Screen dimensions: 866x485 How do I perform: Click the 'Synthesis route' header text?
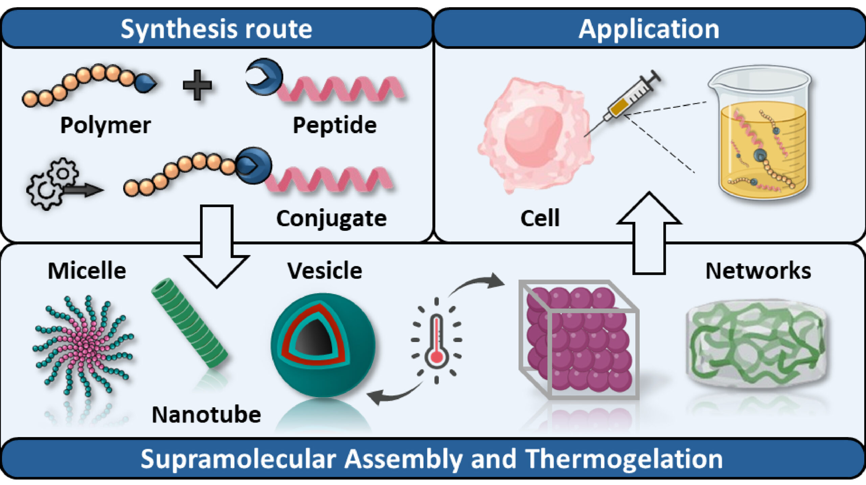click(x=216, y=29)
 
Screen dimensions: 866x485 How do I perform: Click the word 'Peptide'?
click(x=335, y=126)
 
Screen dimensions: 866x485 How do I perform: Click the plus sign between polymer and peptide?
click(x=197, y=85)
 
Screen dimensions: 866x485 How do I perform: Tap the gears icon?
click(x=53, y=184)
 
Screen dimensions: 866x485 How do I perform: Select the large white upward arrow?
click(x=649, y=233)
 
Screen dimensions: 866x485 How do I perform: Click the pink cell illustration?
click(x=535, y=136)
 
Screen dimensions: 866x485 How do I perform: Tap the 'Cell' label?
click(x=540, y=218)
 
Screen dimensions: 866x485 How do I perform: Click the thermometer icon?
click(x=437, y=341)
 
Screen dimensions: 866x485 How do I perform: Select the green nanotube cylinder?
click(x=190, y=323)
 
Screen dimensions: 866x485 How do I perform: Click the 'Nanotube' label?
click(x=206, y=415)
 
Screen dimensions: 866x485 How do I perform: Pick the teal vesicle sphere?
click(x=323, y=345)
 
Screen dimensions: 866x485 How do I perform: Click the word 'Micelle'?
click(x=87, y=271)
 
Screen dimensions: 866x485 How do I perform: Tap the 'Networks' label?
click(x=758, y=271)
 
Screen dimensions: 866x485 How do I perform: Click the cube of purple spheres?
click(x=579, y=340)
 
